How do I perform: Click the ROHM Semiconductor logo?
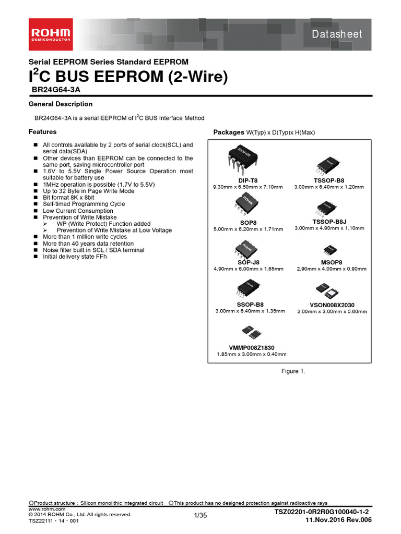[x=51, y=34]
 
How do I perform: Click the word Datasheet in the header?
[x=337, y=34]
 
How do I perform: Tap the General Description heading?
[x=60, y=104]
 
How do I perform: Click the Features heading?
[x=42, y=132]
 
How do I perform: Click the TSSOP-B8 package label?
[x=328, y=180]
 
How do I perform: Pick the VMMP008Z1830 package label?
[x=251, y=348]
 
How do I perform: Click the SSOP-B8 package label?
[x=251, y=304]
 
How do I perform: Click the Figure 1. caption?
[x=293, y=371]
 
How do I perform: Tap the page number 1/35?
[x=200, y=516]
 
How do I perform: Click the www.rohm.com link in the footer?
[x=46, y=508]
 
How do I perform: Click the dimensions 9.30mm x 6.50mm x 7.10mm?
[x=248, y=187]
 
